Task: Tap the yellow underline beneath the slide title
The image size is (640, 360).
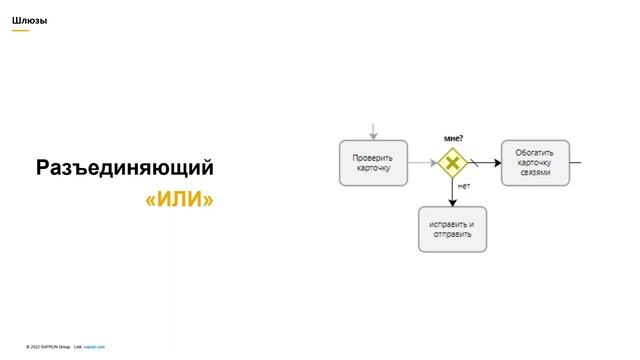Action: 20,30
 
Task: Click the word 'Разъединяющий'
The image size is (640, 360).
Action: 125,168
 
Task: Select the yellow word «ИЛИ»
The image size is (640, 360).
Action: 180,200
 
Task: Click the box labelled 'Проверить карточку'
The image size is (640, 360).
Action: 373,163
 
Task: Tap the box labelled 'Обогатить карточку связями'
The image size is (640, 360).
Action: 535,163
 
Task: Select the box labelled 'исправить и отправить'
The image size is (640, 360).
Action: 452,229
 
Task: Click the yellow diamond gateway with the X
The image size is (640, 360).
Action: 452,162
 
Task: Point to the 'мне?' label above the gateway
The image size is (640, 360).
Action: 453,138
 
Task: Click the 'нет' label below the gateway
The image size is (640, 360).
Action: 463,186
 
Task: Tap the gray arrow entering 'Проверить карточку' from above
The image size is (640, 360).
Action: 373,131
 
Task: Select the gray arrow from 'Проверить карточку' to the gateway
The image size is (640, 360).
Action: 422,163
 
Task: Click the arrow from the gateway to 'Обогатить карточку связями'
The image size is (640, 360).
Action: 488,163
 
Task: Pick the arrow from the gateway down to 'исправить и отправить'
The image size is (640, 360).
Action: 452,193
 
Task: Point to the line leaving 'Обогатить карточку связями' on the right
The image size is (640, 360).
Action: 575,163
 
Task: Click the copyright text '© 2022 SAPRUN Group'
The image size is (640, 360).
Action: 48,346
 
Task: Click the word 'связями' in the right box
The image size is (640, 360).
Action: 535,172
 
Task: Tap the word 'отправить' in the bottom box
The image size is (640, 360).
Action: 452,235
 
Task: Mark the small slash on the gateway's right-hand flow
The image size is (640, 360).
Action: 473,163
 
